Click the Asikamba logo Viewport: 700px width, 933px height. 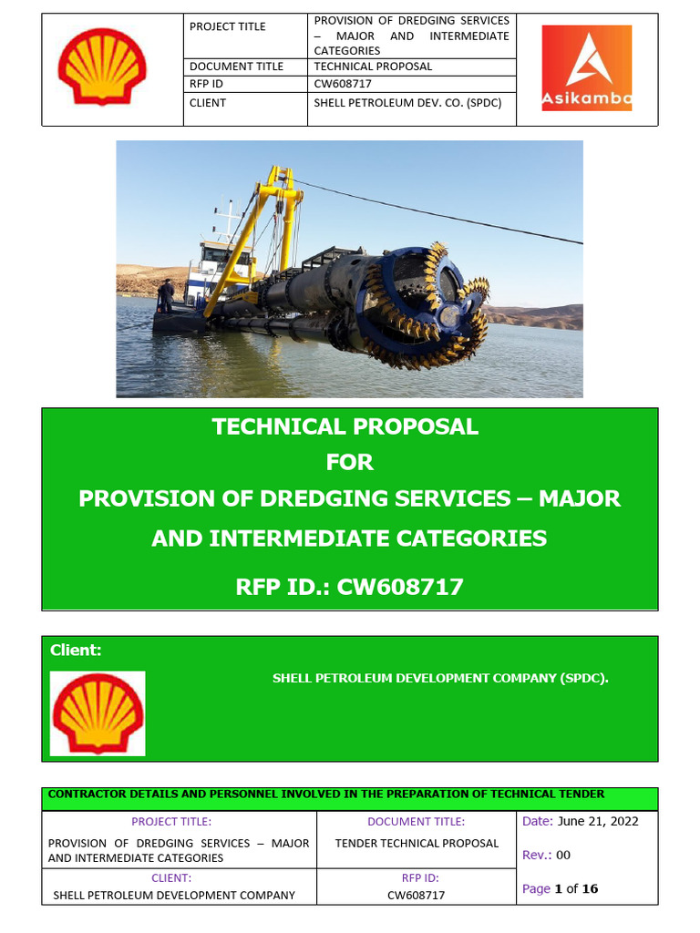pyautogui.click(x=586, y=68)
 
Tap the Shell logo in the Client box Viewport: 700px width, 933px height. pyautogui.click(x=98, y=713)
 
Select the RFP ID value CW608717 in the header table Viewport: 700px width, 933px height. pyautogui.click(x=343, y=84)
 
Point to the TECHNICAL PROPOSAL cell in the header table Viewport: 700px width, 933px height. pyautogui.click(x=373, y=67)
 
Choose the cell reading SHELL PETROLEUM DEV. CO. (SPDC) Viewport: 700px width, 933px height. pyautogui.click(x=407, y=103)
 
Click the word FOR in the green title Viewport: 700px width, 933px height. pyautogui.click(x=350, y=463)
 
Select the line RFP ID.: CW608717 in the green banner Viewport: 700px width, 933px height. pyautogui.click(x=350, y=588)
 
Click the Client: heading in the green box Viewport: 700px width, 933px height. pyautogui.click(x=76, y=651)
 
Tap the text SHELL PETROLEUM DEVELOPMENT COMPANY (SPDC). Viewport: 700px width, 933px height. pyautogui.click(x=440, y=679)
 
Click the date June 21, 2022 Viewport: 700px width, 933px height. pyautogui.click(x=597, y=821)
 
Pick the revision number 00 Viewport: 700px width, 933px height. pyautogui.click(x=563, y=855)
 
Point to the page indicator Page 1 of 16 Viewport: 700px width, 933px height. pyautogui.click(x=561, y=888)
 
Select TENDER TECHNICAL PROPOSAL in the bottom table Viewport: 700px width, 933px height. pyautogui.click(x=417, y=843)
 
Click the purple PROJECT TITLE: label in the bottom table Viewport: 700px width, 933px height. pyautogui.click(x=171, y=822)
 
